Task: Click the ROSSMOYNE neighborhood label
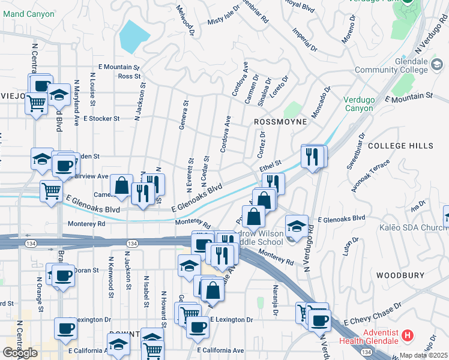280,122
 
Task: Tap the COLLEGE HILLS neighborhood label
400,146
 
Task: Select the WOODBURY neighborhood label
400,275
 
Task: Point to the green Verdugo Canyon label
359,104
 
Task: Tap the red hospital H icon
408,335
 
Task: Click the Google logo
20,352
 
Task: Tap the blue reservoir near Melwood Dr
134,36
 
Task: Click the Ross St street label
129,76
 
